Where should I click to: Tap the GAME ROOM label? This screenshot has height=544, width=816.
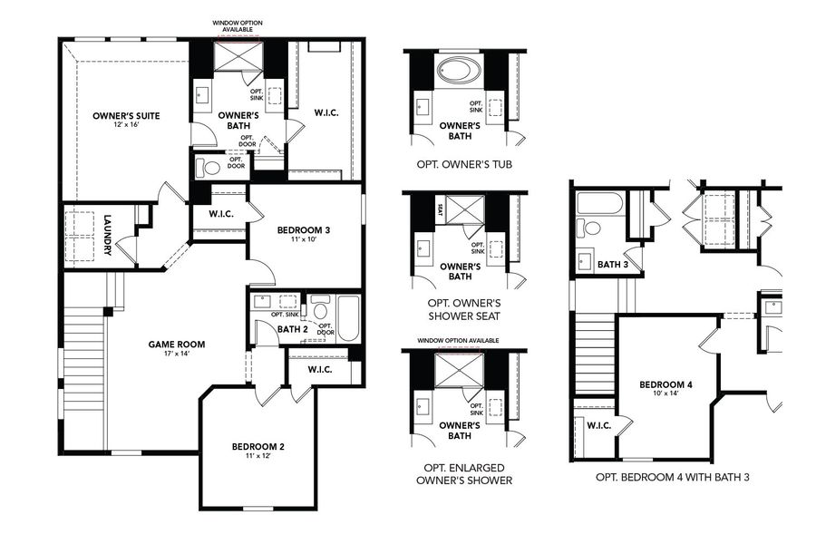(x=177, y=345)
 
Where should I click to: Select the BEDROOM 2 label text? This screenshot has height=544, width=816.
(x=258, y=446)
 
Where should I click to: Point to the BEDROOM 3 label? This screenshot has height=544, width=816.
(x=303, y=230)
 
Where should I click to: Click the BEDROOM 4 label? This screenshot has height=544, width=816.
(x=665, y=384)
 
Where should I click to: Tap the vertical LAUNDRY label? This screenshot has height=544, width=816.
(x=107, y=235)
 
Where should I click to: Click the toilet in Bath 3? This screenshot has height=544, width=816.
(x=592, y=228)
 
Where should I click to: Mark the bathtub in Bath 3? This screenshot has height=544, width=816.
(x=599, y=203)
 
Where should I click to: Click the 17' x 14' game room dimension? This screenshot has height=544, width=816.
(x=177, y=355)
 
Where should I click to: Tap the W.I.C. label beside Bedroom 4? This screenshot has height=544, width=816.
(x=598, y=425)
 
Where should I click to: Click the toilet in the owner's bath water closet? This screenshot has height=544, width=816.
(x=211, y=168)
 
